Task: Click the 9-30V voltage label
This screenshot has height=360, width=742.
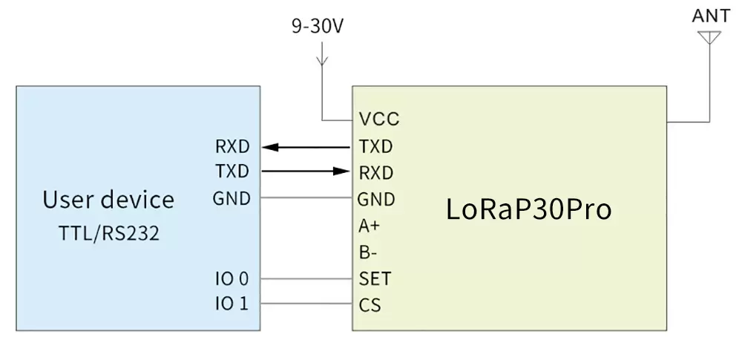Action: pyautogui.click(x=318, y=27)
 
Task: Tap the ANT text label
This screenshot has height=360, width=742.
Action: pyautogui.click(x=709, y=16)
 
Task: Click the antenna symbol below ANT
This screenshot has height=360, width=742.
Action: pyautogui.click(x=709, y=37)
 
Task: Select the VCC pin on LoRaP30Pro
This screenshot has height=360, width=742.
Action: pyautogui.click(x=378, y=120)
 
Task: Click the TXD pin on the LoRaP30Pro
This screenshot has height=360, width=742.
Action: pyautogui.click(x=375, y=146)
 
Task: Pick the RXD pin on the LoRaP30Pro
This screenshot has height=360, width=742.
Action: pyautogui.click(x=375, y=173)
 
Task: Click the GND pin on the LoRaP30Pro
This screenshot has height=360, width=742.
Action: pyautogui.click(x=375, y=199)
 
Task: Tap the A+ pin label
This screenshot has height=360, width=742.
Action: pyautogui.click(x=370, y=226)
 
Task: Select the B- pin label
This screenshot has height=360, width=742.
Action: pyautogui.click(x=368, y=252)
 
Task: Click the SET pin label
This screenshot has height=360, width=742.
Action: pyautogui.click(x=374, y=279)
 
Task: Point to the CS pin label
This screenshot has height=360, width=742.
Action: pyautogui.click(x=370, y=305)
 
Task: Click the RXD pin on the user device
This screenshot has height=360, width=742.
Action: pyautogui.click(x=232, y=146)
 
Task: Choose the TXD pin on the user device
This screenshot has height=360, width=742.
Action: pyautogui.click(x=232, y=172)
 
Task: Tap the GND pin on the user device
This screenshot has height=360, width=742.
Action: pyautogui.click(x=232, y=199)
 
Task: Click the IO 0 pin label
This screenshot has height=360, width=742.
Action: pyautogui.click(x=232, y=279)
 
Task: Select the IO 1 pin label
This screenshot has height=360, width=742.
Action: pyautogui.click(x=232, y=304)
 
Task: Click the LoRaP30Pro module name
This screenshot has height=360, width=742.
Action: pyautogui.click(x=528, y=209)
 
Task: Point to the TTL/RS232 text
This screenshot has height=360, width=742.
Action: pyautogui.click(x=109, y=234)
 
